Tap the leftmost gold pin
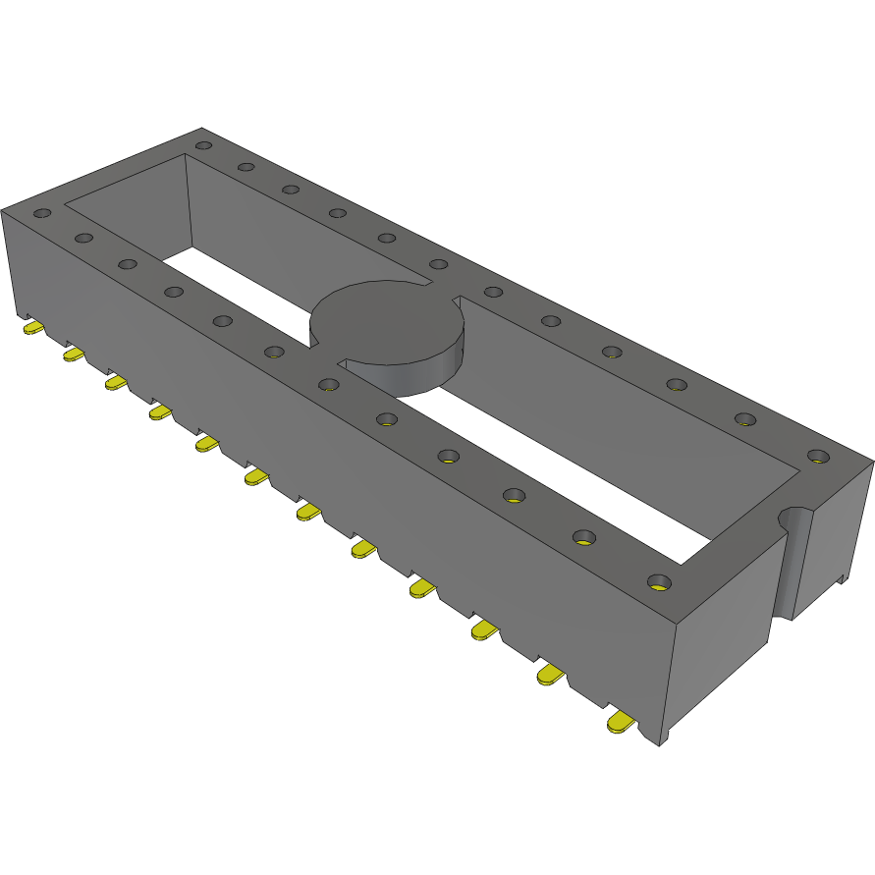tap(32, 327)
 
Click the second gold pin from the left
tap(73, 354)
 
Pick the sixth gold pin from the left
tap(255, 477)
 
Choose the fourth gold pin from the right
tap(422, 588)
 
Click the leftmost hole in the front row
tap(41, 212)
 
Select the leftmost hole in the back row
tap(203, 145)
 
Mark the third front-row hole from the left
tap(127, 263)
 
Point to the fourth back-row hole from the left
tap(337, 212)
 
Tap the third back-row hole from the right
tap(674, 384)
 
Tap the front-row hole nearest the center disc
tap(328, 382)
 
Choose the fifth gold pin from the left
tap(206, 445)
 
